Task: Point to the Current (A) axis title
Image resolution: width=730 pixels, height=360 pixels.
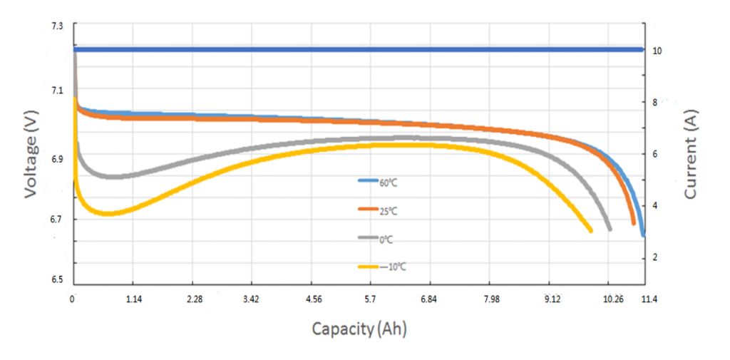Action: click(x=690, y=155)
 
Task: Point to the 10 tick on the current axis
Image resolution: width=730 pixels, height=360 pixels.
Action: click(x=657, y=51)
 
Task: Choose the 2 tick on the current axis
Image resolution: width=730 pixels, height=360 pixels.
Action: click(x=657, y=257)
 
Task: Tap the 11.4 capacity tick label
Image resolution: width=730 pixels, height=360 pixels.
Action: click(x=647, y=299)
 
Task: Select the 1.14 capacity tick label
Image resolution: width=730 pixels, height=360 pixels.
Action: click(x=134, y=299)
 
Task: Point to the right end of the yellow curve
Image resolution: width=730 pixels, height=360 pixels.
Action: click(x=590, y=230)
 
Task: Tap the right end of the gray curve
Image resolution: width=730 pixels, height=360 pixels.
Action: click(x=610, y=228)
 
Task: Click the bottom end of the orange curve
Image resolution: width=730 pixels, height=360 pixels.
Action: click(x=633, y=223)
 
